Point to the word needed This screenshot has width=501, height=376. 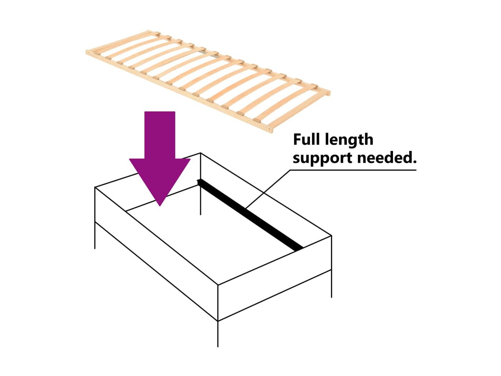click(x=385, y=158)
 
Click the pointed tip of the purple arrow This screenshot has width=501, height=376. click(x=160, y=204)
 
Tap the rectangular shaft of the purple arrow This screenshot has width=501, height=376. click(x=160, y=135)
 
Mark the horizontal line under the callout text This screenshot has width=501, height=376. click(x=353, y=170)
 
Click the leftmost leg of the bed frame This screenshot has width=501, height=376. click(x=95, y=235)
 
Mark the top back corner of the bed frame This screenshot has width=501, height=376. click(x=201, y=153)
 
